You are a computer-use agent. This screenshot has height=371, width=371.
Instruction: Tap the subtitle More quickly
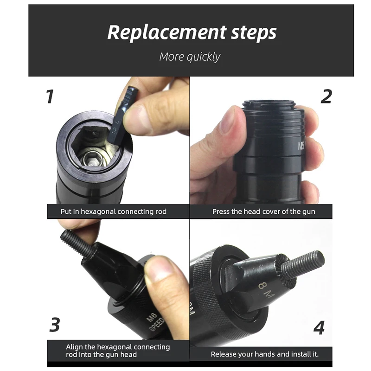[x=190, y=57]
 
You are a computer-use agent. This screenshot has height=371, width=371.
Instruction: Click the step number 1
[x=50, y=97]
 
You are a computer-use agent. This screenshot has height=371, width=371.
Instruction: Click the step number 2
[x=326, y=96]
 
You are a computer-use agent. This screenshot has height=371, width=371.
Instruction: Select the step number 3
[x=55, y=325]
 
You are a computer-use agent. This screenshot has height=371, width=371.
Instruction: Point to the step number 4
[x=319, y=327]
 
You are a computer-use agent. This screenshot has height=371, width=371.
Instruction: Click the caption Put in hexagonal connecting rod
[x=114, y=211]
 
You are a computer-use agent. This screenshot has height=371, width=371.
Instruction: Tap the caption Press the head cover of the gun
[x=263, y=211]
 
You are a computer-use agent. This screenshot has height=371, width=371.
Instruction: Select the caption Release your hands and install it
[x=264, y=354]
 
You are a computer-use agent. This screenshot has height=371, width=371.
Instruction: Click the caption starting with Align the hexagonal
[x=117, y=350]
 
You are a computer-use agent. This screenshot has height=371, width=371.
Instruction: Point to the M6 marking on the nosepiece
[x=151, y=319]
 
